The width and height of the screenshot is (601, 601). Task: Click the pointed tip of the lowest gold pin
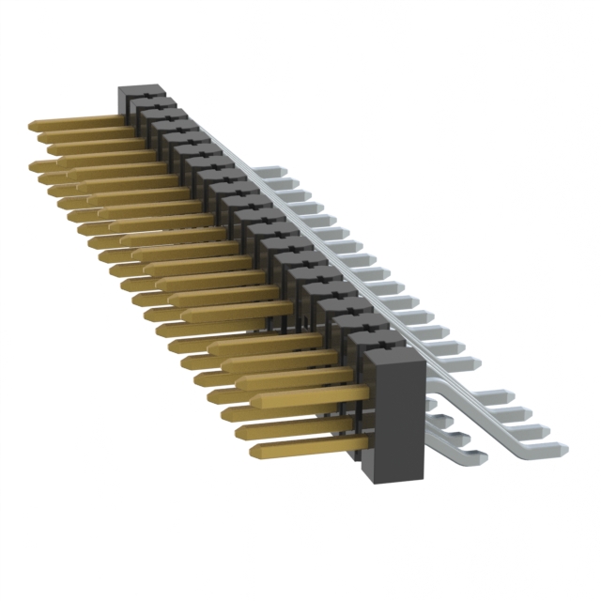tap(254, 452)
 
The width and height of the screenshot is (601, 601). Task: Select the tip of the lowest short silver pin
tap(484, 457)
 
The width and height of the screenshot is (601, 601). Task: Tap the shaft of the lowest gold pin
tap(310, 444)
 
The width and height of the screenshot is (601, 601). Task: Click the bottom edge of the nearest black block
tap(400, 481)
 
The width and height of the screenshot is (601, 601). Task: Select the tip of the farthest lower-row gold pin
tap(33, 166)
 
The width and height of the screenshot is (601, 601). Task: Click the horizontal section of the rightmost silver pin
tap(535, 447)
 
